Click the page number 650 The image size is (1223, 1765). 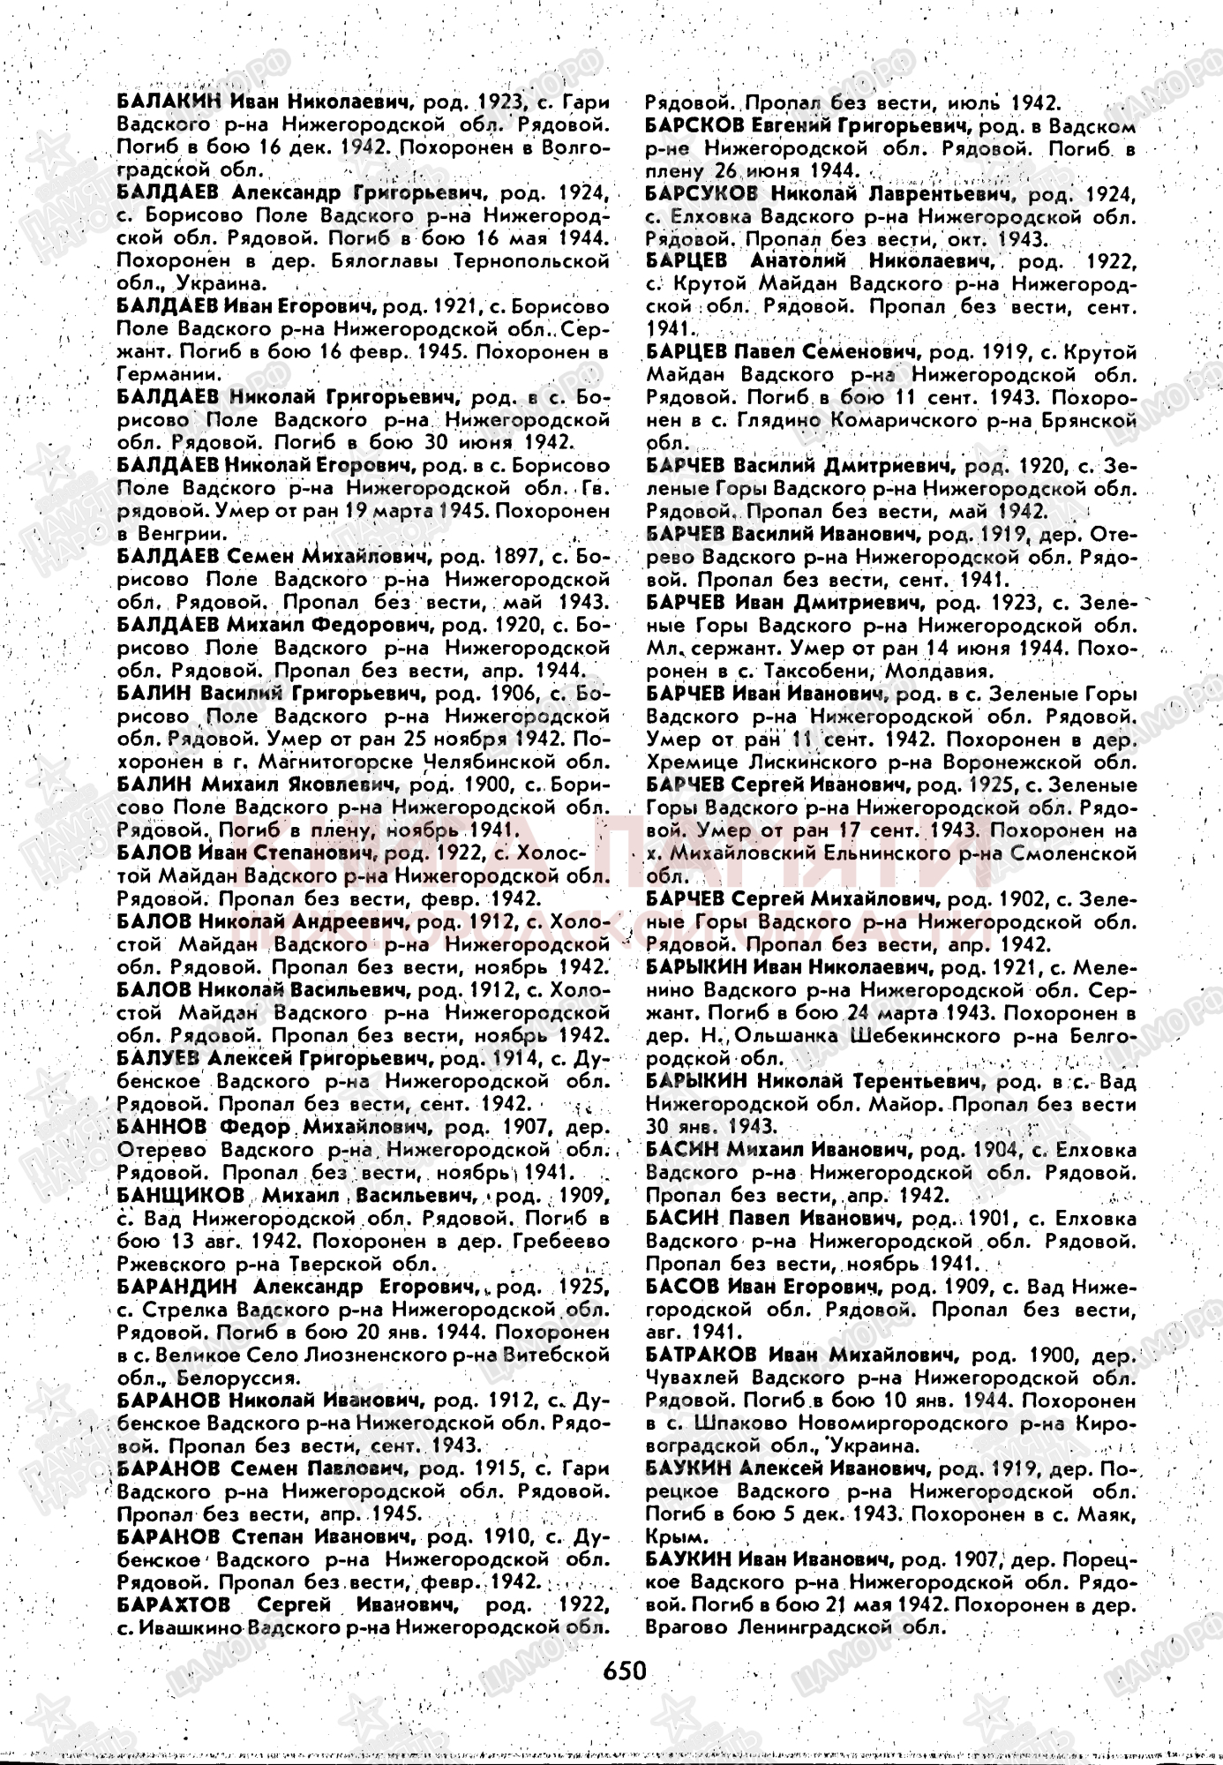pyautogui.click(x=626, y=1671)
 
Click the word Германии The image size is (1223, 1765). pyautogui.click(x=155, y=374)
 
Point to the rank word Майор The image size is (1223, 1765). pyautogui.click(x=900, y=1104)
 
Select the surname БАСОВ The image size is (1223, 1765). pyautogui.click(x=682, y=1286)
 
